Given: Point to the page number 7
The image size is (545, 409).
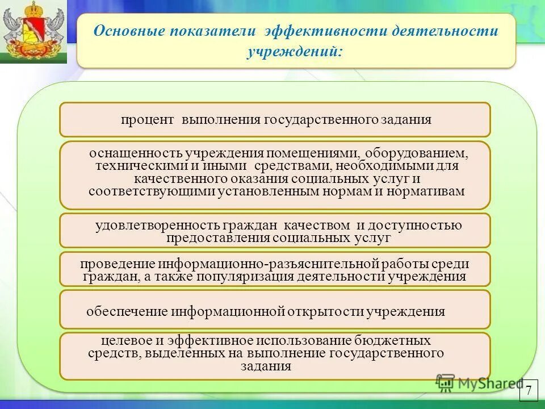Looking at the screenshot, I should click(x=528, y=390).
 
